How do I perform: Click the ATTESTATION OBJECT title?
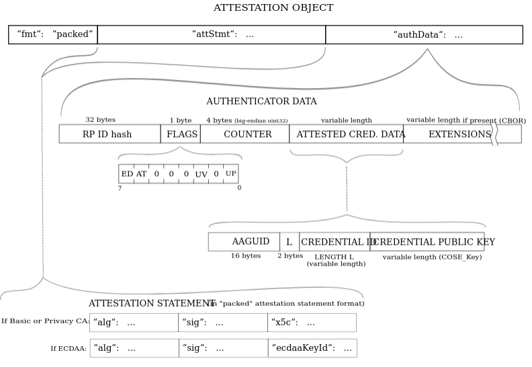coord(273,8)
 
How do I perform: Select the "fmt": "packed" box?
coord(53,34)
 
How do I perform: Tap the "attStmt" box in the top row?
coord(211,34)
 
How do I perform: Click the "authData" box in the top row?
coord(424,34)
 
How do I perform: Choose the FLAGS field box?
coord(180,134)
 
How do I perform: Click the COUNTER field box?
coord(245,134)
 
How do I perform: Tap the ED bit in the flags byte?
coord(126,174)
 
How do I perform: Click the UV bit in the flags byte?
coord(201,174)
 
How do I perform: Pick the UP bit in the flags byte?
coord(231,174)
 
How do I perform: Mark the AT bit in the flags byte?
coord(141,174)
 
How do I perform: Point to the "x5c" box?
coord(312,323)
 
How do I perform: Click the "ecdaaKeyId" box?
coord(312,348)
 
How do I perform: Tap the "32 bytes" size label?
coord(100,120)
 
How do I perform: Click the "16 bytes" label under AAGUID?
coord(246,256)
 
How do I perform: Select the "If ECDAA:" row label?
coord(69,348)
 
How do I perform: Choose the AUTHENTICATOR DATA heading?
coord(261,101)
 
